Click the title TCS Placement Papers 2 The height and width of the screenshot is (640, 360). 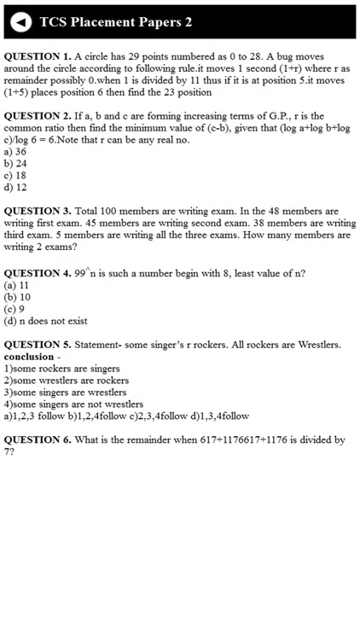116,22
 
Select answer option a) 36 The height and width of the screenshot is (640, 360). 15,152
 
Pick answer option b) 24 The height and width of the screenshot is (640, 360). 15,163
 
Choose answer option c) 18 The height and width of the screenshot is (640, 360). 15,175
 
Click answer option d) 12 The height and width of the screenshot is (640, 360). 15,187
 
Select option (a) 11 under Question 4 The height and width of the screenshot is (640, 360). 17,285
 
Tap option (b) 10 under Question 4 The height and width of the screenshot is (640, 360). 17,297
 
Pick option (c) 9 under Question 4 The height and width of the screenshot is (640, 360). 15,309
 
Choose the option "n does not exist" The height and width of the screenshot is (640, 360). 46,321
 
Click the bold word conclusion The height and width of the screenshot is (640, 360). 29,357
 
